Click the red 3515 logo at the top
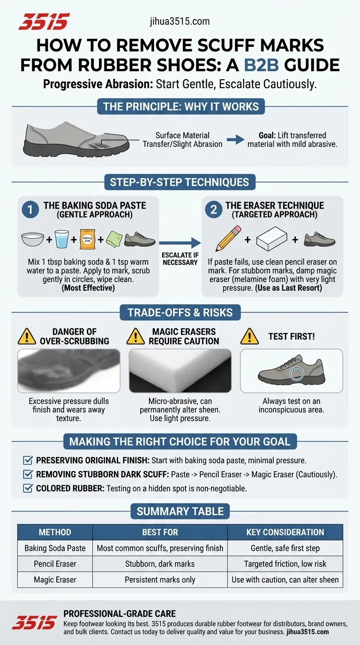[44, 22]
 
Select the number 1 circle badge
[30, 210]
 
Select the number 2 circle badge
[214, 210]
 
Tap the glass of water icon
[62, 239]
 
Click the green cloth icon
[115, 239]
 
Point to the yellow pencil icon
[228, 239]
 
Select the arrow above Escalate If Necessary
[180, 243]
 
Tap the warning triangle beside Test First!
[249, 336]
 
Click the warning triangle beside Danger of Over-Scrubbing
[27, 336]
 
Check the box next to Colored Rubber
[28, 488]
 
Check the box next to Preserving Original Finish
[28, 460]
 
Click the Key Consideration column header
[285, 532]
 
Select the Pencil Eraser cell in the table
[55, 564]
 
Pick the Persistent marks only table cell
[160, 580]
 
